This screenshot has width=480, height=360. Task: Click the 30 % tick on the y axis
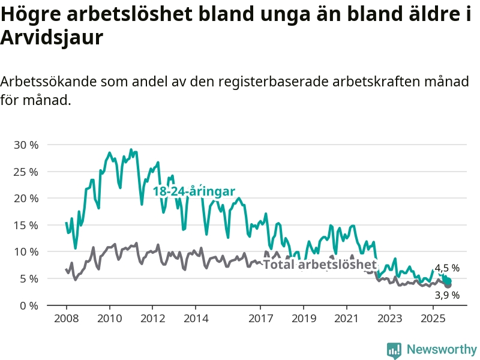[25, 145]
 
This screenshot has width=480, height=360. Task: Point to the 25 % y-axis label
[25, 172]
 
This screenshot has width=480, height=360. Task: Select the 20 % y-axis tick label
[25, 198]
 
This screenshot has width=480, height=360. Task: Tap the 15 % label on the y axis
[25, 225]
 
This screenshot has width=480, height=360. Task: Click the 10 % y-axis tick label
[25, 251]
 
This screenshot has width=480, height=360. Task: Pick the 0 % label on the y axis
[28, 305]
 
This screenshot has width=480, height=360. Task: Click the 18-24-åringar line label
[193, 191]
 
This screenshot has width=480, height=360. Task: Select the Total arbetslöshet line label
[320, 264]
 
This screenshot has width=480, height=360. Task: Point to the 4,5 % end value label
[447, 268]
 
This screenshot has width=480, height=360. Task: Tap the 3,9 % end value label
[447, 295]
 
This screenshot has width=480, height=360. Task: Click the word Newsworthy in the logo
[442, 349]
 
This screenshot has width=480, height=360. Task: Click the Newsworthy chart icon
[394, 350]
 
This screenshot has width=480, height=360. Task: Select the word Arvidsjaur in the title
[52, 37]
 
